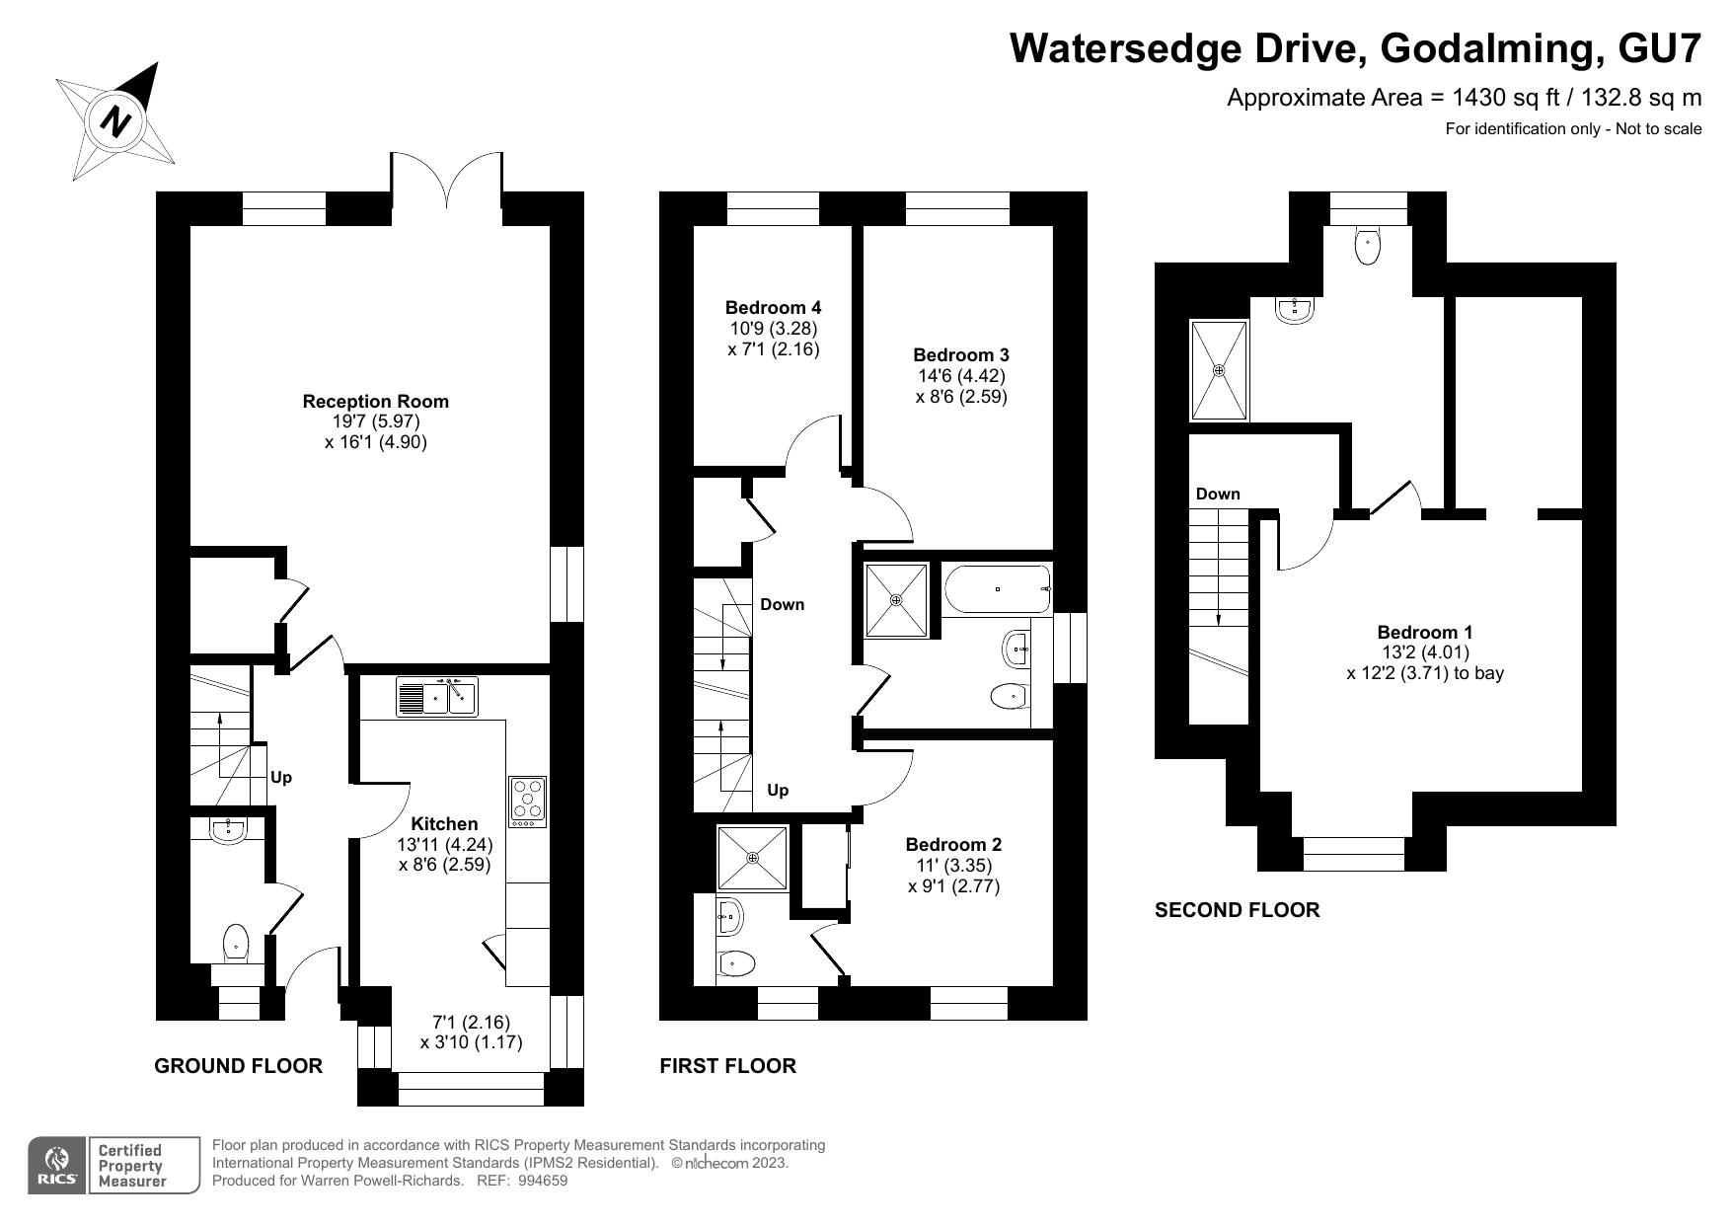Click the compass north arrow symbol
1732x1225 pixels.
(116, 121)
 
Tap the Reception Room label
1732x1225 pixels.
(375, 402)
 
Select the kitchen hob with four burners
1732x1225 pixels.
(528, 802)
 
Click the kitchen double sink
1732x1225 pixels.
(436, 696)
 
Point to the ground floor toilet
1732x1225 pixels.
(236, 943)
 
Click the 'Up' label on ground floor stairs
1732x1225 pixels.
(281, 778)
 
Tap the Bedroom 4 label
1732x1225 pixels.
(773, 308)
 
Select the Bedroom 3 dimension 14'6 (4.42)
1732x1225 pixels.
(961, 376)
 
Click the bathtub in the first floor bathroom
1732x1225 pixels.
(997, 589)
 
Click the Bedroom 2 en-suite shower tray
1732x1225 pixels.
(753, 859)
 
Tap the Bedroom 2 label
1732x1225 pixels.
(953, 845)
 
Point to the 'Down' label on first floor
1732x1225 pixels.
(783, 604)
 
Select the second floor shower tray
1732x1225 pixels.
(1220, 370)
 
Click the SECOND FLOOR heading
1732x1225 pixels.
(1237, 910)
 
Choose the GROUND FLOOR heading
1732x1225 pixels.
(239, 1066)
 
